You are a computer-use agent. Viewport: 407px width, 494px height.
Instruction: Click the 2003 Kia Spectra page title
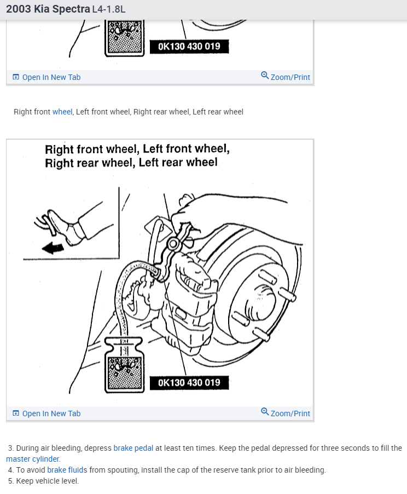click(49, 9)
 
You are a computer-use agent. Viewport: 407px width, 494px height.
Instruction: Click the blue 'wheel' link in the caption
click(62, 112)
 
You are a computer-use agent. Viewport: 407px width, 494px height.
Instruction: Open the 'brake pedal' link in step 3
click(133, 448)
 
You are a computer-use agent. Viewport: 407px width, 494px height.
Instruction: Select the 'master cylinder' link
click(33, 459)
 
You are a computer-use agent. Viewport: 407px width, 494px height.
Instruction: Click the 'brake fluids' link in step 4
click(67, 470)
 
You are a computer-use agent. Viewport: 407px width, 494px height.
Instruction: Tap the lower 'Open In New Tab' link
click(51, 413)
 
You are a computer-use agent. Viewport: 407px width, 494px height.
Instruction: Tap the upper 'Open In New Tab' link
click(51, 77)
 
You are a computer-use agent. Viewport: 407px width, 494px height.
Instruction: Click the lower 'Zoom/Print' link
click(290, 413)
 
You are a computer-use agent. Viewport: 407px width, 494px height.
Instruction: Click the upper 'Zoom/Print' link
click(290, 77)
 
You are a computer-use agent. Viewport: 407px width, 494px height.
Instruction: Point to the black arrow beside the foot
click(53, 248)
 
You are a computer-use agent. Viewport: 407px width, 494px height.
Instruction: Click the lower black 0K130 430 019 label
click(189, 382)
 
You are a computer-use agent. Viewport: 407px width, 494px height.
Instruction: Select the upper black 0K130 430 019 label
click(189, 47)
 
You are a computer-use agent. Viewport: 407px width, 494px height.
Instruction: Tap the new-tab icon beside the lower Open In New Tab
click(16, 413)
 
